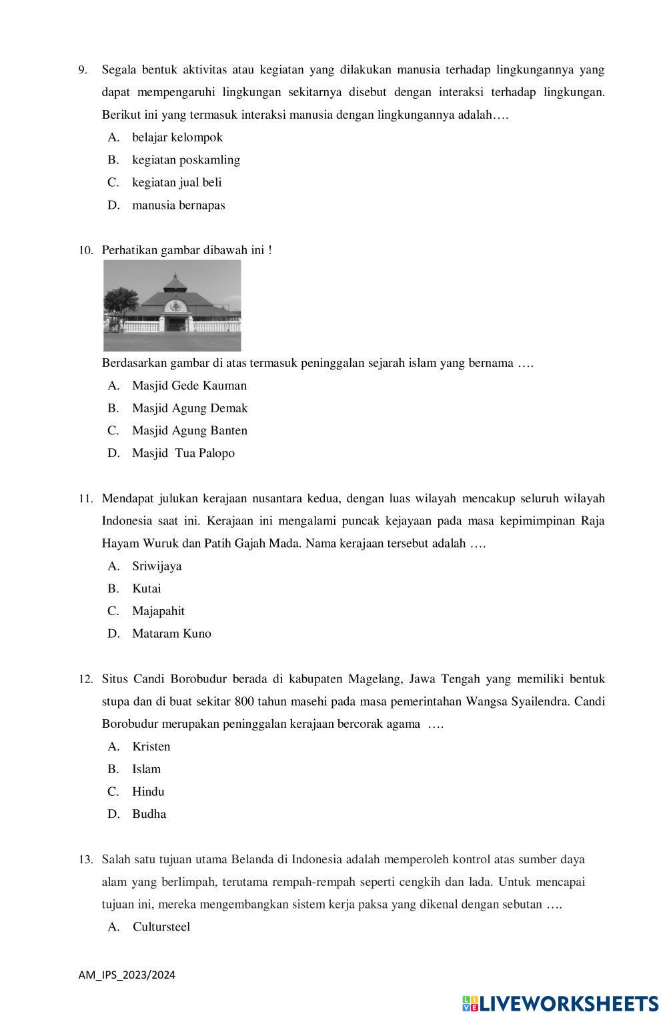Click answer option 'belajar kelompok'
click(177, 137)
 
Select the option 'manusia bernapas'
click(178, 205)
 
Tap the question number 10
click(85, 251)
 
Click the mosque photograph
click(172, 306)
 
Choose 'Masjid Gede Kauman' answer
click(189, 386)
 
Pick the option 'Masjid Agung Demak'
click(189, 408)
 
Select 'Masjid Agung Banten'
click(189, 431)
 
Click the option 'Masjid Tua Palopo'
click(183, 454)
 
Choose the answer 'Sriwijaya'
click(157, 566)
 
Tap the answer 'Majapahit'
click(158, 611)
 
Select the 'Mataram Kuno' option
click(171, 634)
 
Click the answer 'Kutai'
click(146, 589)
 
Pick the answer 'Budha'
click(149, 814)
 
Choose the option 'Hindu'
click(148, 792)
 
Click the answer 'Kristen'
click(151, 746)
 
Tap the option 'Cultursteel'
click(161, 927)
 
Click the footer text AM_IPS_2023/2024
click(127, 975)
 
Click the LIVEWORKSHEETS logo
click(560, 1004)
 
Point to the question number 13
click(85, 860)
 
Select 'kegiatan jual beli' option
click(177, 183)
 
